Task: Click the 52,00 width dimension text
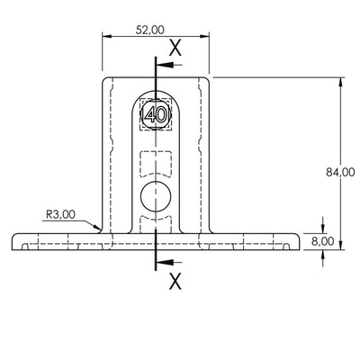[x=150, y=30]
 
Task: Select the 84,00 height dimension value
[x=340, y=172]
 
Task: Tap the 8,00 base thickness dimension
[x=322, y=241]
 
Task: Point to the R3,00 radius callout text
[x=60, y=214]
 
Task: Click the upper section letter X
[x=175, y=48]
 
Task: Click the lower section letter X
[x=175, y=281]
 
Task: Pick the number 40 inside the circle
[x=156, y=114]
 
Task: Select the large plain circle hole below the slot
[x=156, y=196]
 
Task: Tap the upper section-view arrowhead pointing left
[x=165, y=65]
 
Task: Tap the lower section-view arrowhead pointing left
[x=165, y=263]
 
